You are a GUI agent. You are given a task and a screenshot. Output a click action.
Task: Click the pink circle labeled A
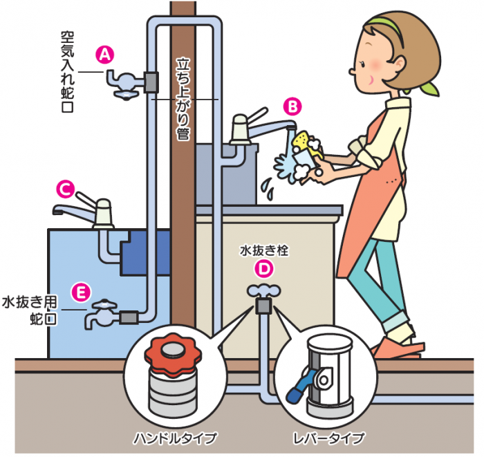coord(105,55)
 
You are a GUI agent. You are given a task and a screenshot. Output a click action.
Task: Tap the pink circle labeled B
coord(292,106)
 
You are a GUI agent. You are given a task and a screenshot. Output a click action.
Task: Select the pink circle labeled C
coord(66,189)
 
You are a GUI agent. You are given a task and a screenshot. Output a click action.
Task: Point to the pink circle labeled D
coord(264,269)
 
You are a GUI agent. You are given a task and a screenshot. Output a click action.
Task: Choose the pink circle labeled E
coord(81,292)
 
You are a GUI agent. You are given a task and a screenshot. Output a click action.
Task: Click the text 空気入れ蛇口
coord(67,72)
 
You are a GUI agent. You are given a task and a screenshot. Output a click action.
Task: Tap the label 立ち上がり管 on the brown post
coord(183,99)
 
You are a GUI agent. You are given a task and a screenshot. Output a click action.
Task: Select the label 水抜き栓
coord(264,250)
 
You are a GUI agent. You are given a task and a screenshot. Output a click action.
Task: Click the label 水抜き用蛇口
coord(30,310)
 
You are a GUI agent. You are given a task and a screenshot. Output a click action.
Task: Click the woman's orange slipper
coord(398,348)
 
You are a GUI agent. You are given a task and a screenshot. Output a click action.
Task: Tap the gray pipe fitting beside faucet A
coord(151,82)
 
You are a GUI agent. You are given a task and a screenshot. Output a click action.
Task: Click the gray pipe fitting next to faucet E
coord(129,317)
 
